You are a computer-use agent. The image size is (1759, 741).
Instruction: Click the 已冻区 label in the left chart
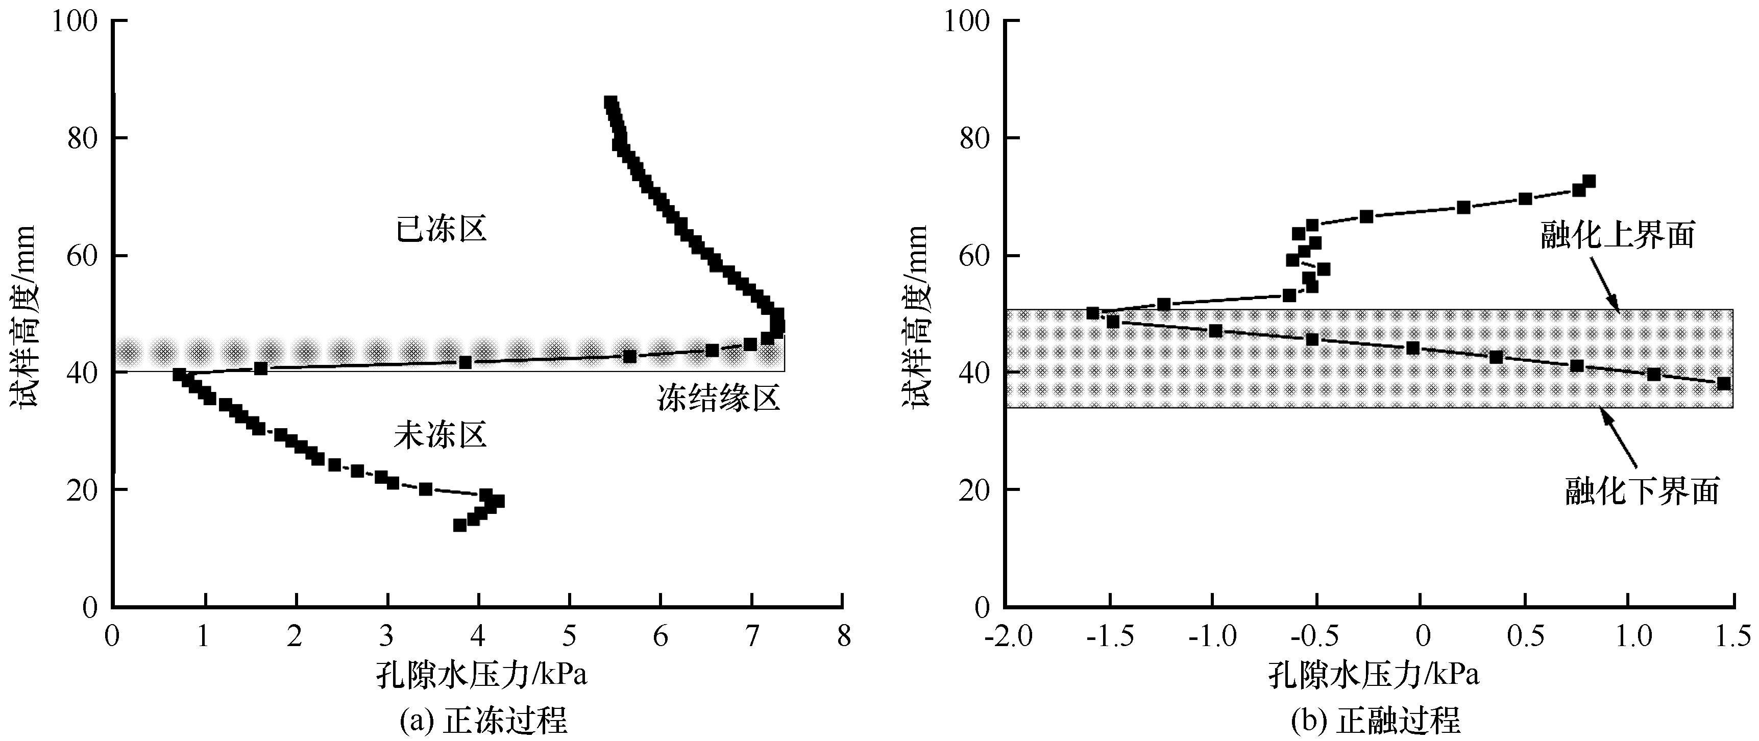pyautogui.click(x=441, y=230)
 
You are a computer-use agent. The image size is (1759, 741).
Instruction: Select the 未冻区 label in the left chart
pyautogui.click(x=441, y=435)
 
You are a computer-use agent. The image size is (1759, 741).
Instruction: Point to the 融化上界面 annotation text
pyautogui.click(x=1618, y=236)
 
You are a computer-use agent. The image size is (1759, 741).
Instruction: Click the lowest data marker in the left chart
pyautogui.click(x=459, y=525)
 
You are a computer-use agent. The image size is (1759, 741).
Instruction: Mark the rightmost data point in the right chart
pyautogui.click(x=1723, y=384)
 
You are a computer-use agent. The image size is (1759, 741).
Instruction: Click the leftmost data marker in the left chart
pyautogui.click(x=179, y=374)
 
